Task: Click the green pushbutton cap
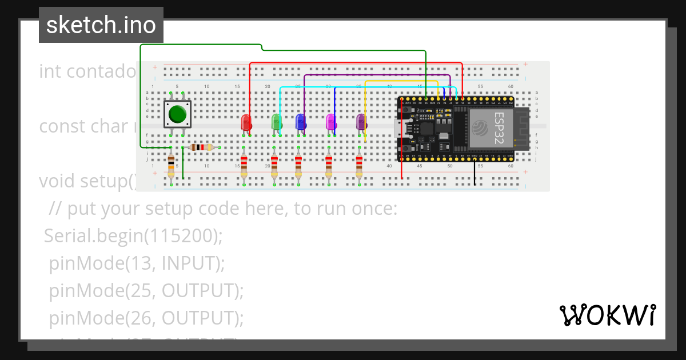pos(178,114)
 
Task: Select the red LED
pos(246,122)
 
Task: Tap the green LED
pos(277,122)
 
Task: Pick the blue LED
pos(301,122)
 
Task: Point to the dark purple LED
pos(361,122)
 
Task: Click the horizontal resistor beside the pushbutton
pos(201,147)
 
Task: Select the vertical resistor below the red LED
pos(244,166)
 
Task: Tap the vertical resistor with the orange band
pos(171,166)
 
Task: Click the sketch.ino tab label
pos(101,25)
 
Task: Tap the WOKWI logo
pos(608,315)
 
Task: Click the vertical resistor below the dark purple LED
pos(359,166)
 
